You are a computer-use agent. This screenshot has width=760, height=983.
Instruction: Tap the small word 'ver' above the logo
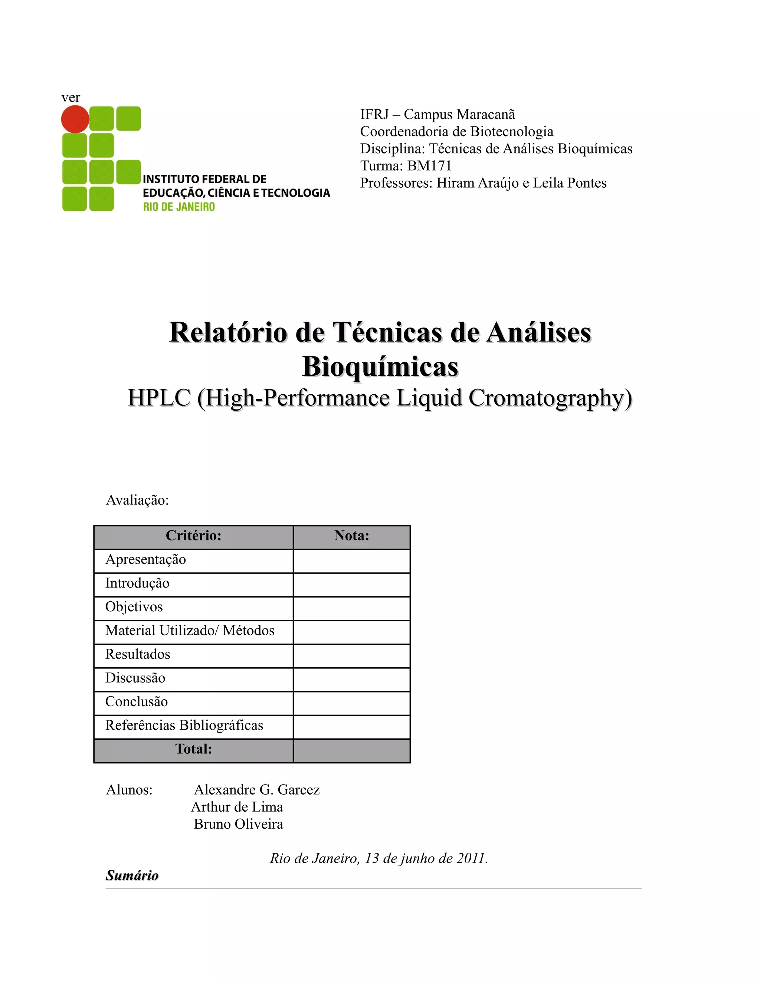click(x=71, y=98)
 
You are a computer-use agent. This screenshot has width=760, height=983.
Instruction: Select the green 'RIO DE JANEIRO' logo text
click(x=179, y=207)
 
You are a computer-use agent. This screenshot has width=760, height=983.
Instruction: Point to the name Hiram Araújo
click(x=477, y=183)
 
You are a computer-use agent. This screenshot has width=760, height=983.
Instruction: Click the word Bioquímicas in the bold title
click(x=380, y=366)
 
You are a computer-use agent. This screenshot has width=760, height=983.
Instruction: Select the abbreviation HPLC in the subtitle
click(x=159, y=398)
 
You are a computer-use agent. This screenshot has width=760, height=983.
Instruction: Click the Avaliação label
click(x=137, y=500)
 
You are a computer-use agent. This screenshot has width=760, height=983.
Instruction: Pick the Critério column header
click(x=194, y=536)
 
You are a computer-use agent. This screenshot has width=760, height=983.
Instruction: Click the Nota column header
click(x=352, y=536)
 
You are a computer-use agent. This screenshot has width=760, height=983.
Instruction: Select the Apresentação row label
click(x=145, y=559)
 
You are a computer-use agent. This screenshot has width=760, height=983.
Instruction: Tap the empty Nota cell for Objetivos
click(x=352, y=608)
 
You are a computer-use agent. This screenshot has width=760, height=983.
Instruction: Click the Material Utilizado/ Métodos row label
click(x=190, y=631)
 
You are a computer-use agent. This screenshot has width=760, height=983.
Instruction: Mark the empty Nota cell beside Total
click(x=352, y=751)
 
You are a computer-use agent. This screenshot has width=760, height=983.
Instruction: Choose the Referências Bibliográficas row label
click(x=184, y=725)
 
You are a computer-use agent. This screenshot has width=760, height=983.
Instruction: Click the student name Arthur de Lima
click(x=237, y=807)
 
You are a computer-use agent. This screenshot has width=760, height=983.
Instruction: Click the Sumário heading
click(x=132, y=875)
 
